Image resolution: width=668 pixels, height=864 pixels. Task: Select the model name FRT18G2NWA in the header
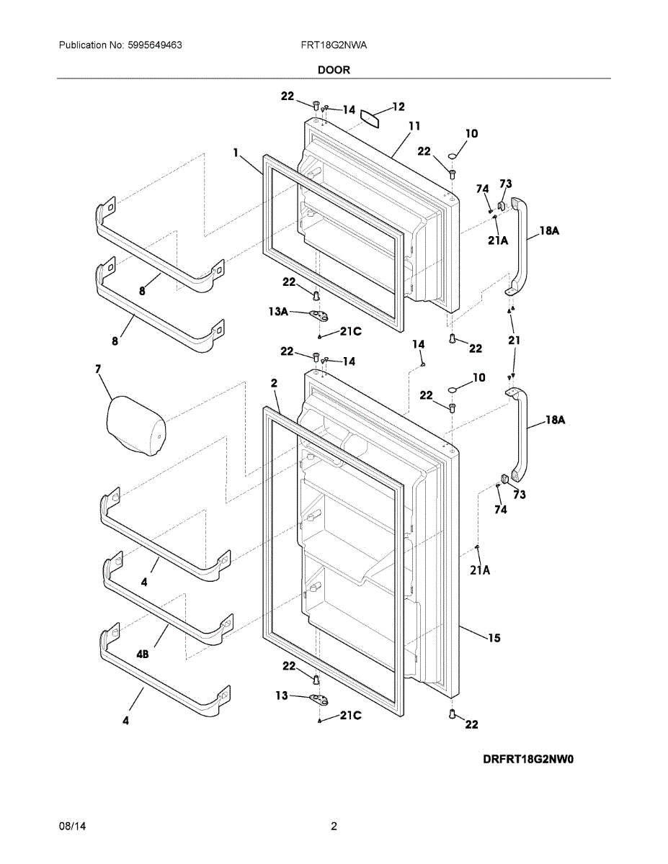pos(334,45)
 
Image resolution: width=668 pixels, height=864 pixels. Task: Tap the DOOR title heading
pos(334,70)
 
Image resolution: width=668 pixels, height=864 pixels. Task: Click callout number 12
pos(398,107)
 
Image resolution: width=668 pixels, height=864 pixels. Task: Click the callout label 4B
pos(143,654)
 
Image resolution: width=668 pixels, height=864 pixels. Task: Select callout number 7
pos(97,369)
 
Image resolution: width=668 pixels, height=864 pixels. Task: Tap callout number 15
pos(494,638)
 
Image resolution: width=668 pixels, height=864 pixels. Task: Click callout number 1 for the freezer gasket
pos(236,152)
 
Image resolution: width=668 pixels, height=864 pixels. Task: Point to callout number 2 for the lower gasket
pos(274,384)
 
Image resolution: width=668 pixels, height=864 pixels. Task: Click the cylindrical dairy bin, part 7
pos(136,428)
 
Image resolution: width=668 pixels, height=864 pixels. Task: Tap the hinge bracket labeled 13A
pos(317,315)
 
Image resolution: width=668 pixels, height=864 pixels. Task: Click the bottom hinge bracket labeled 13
pos(317,698)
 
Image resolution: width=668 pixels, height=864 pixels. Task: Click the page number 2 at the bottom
pos(334,827)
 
